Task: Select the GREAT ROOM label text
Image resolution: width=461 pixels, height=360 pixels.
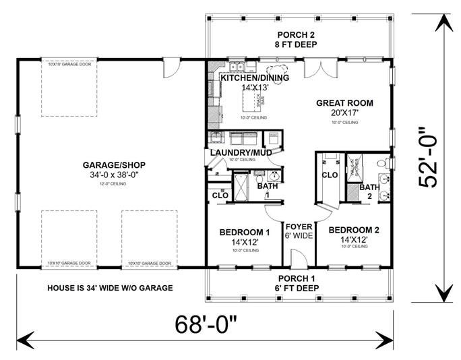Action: coord(344,103)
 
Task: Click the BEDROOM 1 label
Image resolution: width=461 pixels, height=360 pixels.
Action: coord(244,233)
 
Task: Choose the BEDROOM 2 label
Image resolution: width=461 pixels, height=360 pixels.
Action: coord(353,230)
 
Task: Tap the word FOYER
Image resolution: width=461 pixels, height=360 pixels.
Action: coord(298,227)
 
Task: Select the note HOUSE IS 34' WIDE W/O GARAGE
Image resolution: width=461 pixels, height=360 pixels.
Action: coord(110,288)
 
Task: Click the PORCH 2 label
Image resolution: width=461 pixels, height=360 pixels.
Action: coord(297,35)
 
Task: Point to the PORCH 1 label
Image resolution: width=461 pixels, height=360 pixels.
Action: coord(297,278)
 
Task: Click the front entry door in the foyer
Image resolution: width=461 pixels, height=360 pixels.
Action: coord(294,259)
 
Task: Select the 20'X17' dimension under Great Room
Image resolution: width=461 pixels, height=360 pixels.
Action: coord(344,114)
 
